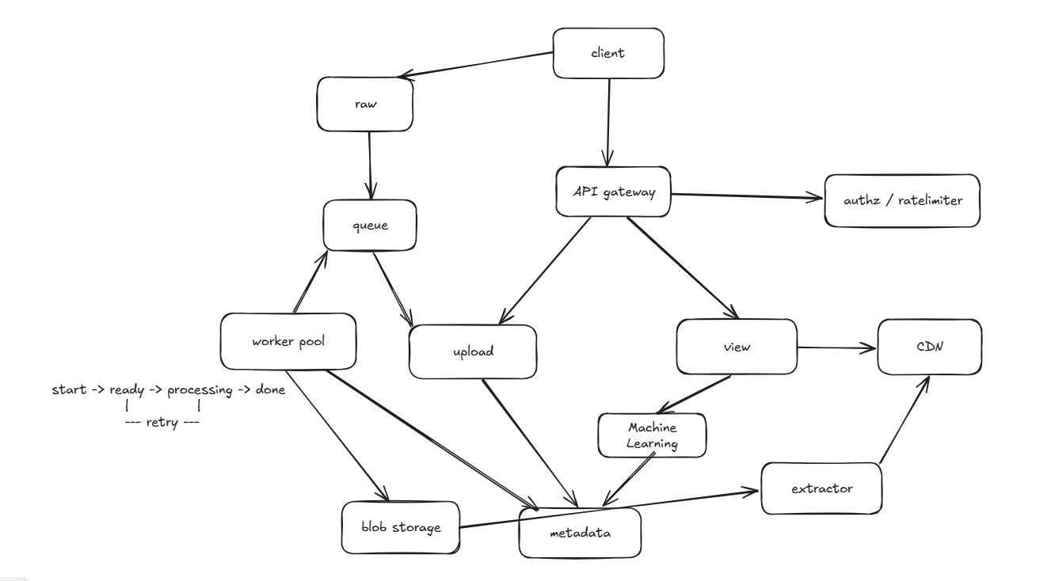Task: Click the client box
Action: click(609, 54)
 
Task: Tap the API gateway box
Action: click(613, 191)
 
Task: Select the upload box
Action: click(472, 351)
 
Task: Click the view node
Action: click(736, 347)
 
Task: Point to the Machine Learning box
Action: click(651, 435)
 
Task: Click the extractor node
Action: click(821, 488)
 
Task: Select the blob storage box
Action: click(401, 526)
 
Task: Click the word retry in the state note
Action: click(162, 423)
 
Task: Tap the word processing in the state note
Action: click(200, 391)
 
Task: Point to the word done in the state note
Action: click(269, 391)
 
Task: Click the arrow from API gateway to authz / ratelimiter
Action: click(744, 195)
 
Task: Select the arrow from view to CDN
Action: click(836, 347)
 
